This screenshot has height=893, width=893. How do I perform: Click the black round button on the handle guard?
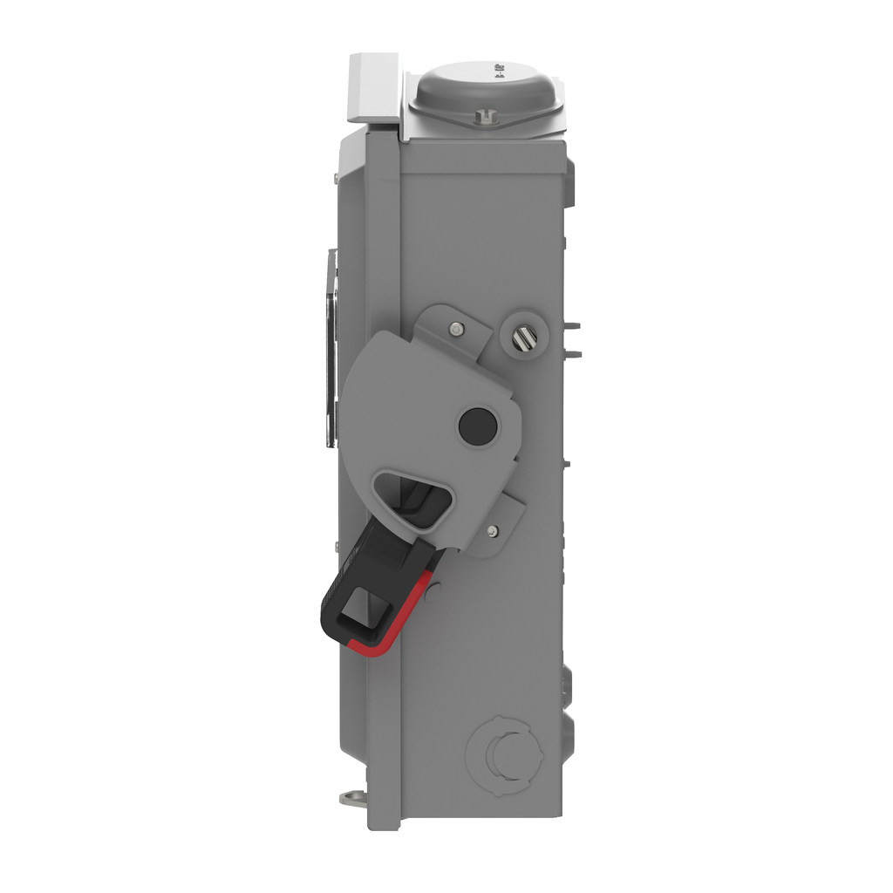(478, 425)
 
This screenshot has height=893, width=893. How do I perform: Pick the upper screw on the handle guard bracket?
(456, 329)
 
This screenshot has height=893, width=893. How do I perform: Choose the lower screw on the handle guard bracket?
(494, 529)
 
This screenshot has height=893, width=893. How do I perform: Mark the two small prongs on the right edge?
(572, 340)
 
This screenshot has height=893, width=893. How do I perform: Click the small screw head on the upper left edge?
(337, 179)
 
